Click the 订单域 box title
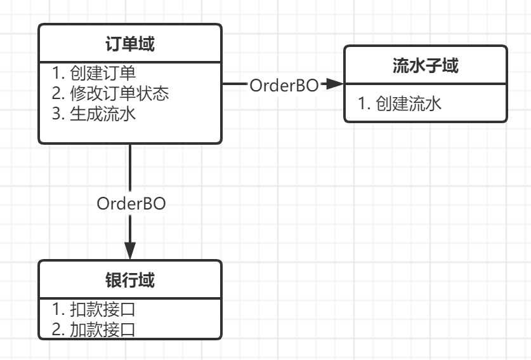click(x=130, y=44)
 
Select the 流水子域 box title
click(x=425, y=65)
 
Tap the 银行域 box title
click(x=130, y=280)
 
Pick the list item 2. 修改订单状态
click(x=110, y=93)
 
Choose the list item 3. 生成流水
click(x=94, y=115)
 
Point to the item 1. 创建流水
click(x=400, y=103)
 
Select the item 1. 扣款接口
click(x=94, y=309)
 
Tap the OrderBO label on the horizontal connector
click(x=284, y=85)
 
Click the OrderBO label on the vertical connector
click(x=131, y=203)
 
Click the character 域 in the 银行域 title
click(x=147, y=280)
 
